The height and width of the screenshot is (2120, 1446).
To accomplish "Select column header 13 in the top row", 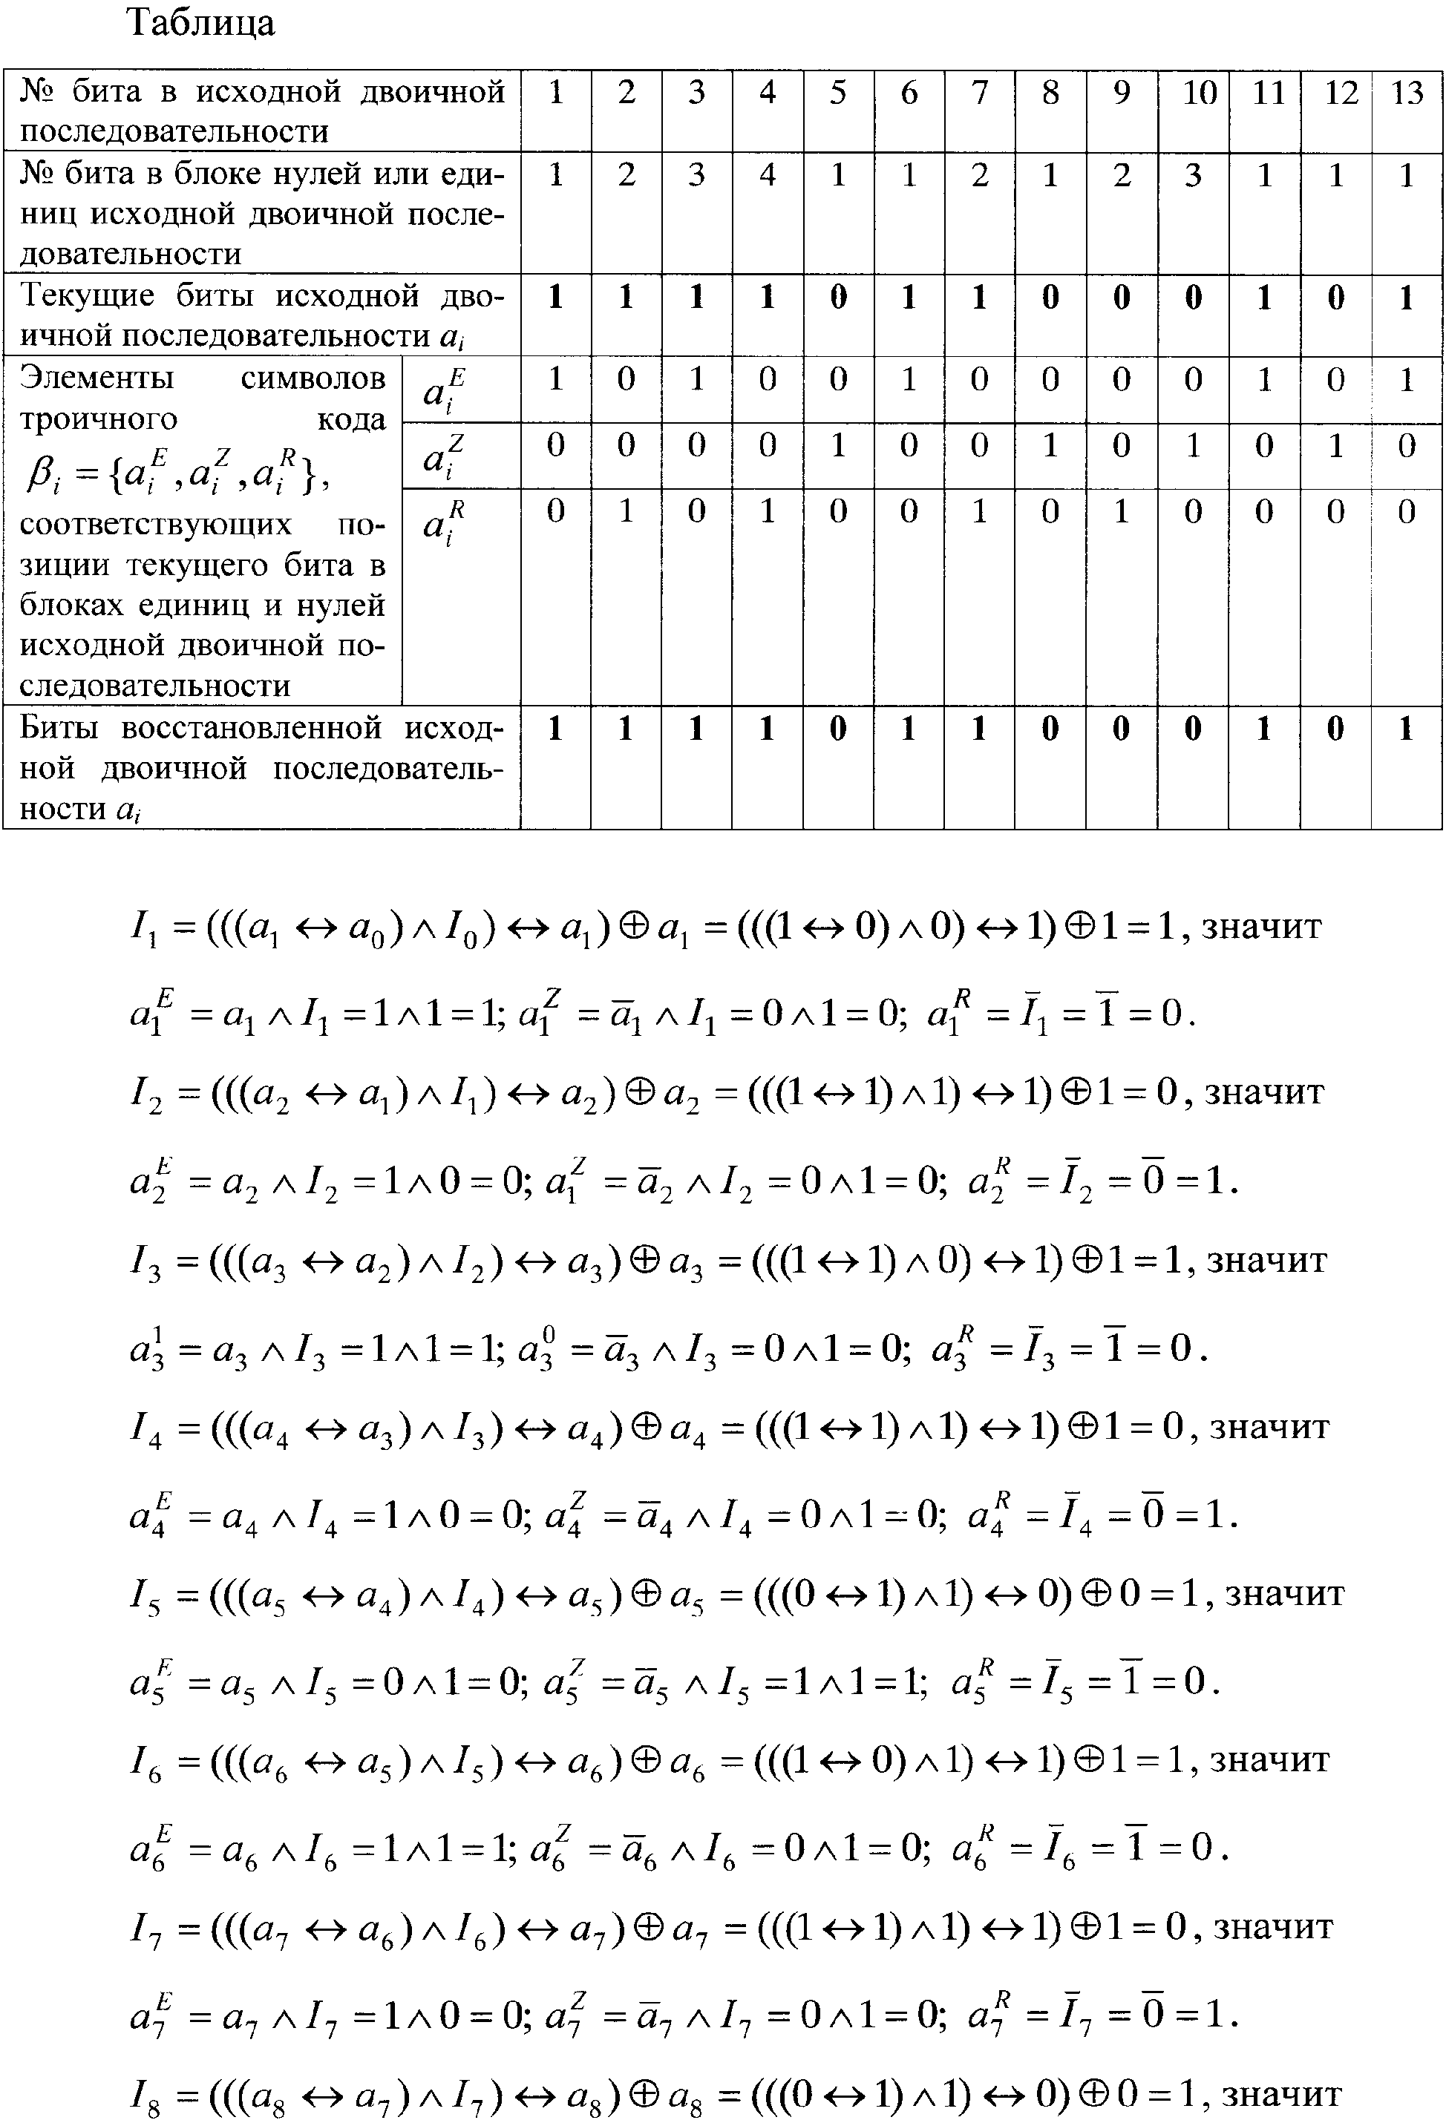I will (1406, 93).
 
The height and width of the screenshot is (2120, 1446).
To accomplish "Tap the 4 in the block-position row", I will (768, 174).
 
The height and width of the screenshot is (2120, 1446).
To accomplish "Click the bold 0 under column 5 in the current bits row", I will (837, 298).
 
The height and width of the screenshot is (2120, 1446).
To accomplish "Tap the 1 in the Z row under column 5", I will (837, 445).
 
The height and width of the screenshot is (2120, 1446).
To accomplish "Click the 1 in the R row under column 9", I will (1121, 512).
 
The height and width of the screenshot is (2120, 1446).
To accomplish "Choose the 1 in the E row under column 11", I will (1263, 379).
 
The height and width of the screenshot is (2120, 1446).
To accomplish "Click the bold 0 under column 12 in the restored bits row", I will (1335, 729).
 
